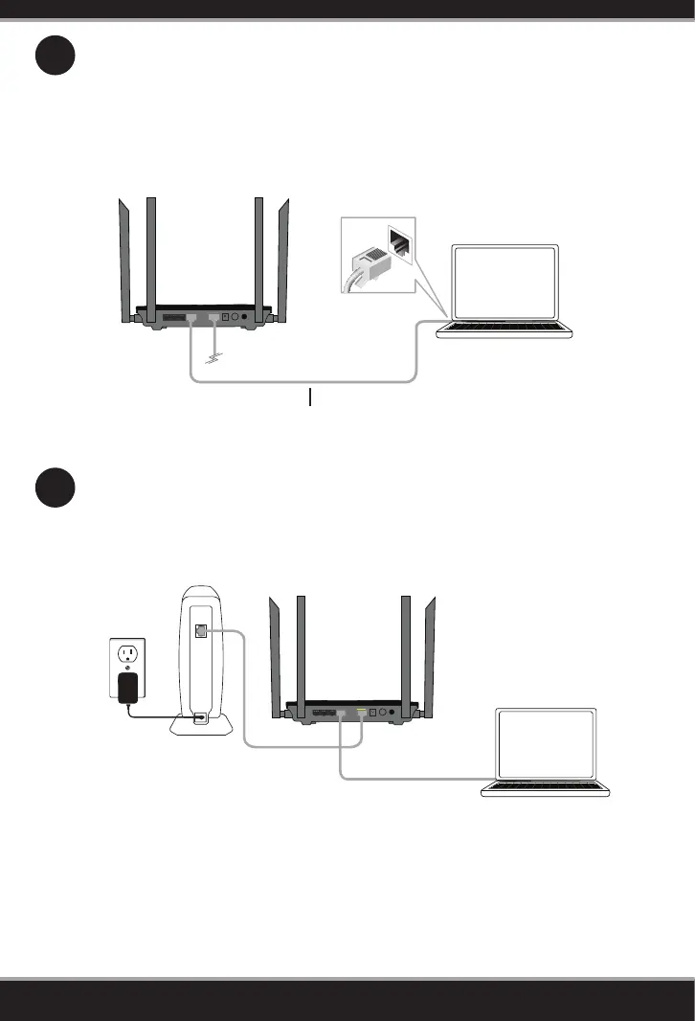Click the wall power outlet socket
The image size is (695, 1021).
[x=126, y=654]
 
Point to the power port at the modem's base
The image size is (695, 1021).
[x=200, y=718]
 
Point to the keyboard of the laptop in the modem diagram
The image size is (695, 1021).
[x=546, y=788]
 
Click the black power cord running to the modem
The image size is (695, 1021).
[x=153, y=714]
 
